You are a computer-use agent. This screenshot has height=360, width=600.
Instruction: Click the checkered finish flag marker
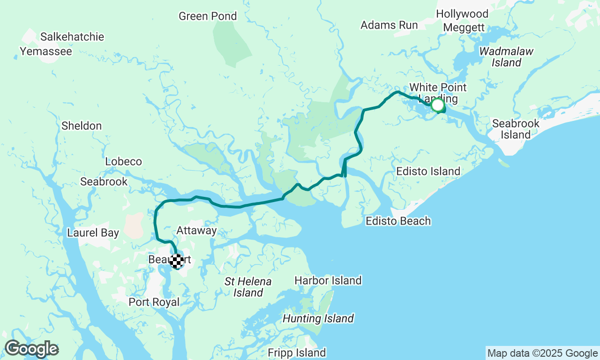tap(177, 261)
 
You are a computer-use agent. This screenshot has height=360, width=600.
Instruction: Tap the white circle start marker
tap(438, 105)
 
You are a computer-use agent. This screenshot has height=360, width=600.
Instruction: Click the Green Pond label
tap(208, 16)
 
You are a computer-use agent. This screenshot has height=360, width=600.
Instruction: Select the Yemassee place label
tap(46, 51)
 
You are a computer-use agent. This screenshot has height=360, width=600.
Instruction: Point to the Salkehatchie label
tap(72, 37)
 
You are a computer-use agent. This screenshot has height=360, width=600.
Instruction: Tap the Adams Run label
tap(389, 25)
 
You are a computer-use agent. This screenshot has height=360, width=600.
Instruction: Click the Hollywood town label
tap(462, 14)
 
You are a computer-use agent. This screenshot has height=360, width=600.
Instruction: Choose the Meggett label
tap(464, 28)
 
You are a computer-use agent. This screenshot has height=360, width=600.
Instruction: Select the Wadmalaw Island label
tap(506, 57)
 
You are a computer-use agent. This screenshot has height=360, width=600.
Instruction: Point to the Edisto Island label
tap(428, 172)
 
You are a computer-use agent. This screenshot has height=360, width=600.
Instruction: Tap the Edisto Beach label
tap(398, 221)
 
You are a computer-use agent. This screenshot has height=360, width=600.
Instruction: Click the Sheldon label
tap(82, 126)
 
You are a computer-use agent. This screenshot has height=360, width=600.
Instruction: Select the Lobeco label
tap(123, 162)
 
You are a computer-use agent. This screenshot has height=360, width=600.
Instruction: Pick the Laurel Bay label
tap(93, 233)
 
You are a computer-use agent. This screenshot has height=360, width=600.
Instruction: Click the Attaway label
tap(196, 231)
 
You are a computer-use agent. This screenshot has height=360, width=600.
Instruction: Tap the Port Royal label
tap(154, 302)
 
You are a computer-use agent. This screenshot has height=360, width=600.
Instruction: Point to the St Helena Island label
tap(248, 287)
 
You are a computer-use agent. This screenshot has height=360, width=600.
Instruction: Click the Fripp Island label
tap(297, 353)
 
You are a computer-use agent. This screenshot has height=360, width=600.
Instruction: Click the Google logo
tap(31, 349)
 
